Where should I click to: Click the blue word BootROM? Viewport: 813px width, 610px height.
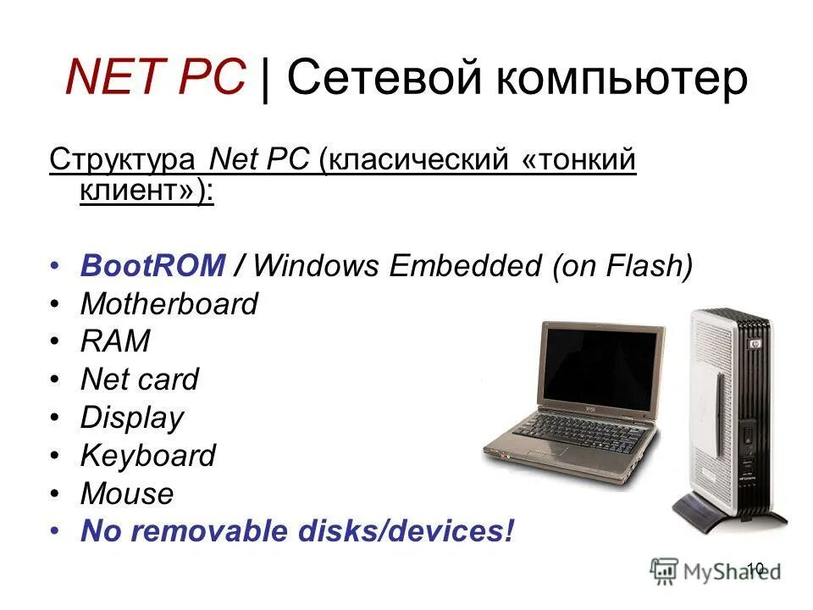point(152,266)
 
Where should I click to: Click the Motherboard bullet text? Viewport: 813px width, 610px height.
point(169,304)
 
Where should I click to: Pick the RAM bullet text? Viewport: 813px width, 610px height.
point(115,342)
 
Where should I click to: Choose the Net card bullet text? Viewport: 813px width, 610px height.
point(139,380)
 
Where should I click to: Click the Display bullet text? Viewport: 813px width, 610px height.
point(131,418)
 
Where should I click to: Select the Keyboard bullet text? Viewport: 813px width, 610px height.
point(148,456)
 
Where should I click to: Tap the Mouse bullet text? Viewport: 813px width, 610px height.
point(126,493)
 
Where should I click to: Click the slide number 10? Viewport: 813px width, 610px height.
point(755,568)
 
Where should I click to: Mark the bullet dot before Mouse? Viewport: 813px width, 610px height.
point(55,493)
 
